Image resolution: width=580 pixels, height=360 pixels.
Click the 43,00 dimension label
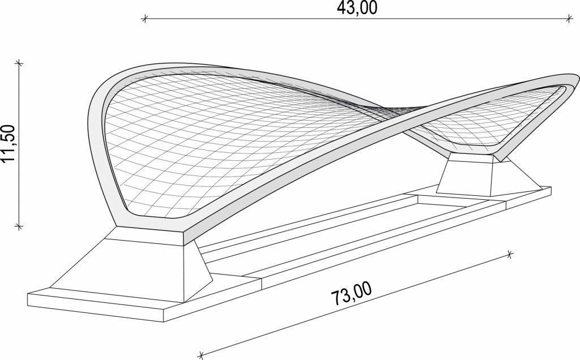pyautogui.click(x=357, y=8)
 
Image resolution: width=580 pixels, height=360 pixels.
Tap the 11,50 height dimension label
pyautogui.click(x=8, y=143)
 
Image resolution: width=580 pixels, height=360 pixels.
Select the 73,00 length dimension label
pyautogui.click(x=351, y=294)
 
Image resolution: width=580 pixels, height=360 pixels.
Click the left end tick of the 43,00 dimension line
pyautogui.click(x=145, y=19)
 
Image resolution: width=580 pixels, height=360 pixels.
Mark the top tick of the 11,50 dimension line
pyautogui.click(x=19, y=63)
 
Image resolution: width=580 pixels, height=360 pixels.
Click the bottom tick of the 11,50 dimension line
pyautogui.click(x=19, y=225)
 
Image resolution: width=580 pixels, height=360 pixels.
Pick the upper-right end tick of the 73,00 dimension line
pyautogui.click(x=510, y=254)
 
